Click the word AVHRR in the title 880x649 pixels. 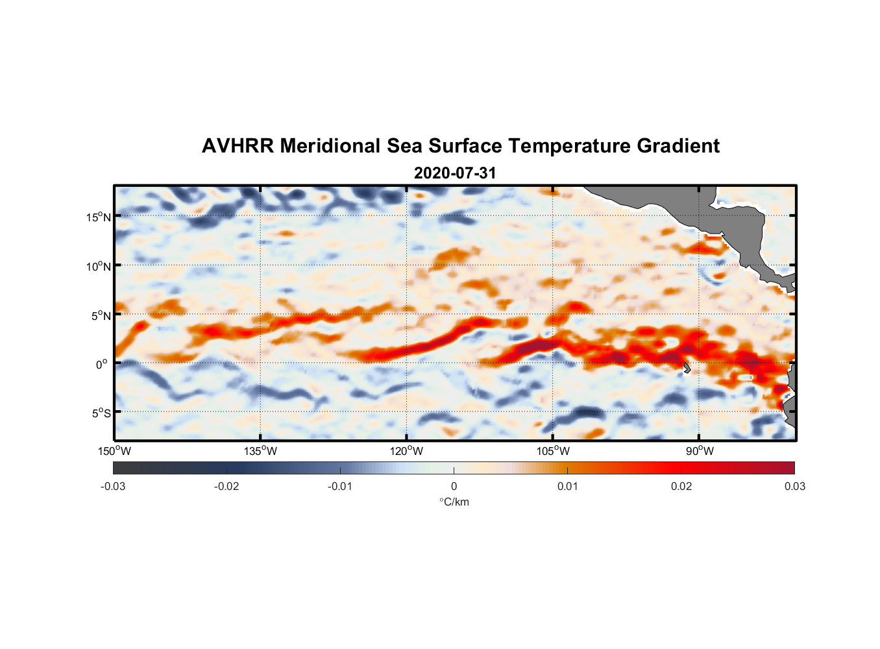click(x=238, y=146)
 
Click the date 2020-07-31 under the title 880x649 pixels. click(x=455, y=173)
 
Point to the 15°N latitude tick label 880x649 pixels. click(x=99, y=217)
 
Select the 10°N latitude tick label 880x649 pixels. click(x=99, y=266)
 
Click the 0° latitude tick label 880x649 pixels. click(x=102, y=364)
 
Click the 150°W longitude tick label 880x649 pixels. click(x=114, y=451)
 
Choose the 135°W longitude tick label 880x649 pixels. click(x=260, y=451)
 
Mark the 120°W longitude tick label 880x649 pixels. click(x=406, y=451)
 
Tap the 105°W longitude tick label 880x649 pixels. click(x=553, y=451)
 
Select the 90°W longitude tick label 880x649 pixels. click(x=700, y=451)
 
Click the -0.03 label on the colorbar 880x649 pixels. click(x=113, y=486)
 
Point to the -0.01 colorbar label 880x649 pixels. click(x=340, y=486)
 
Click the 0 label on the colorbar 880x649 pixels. click(x=454, y=486)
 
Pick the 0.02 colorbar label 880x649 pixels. click(x=681, y=486)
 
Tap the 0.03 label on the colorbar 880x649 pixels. click(x=794, y=486)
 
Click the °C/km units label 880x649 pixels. click(x=454, y=502)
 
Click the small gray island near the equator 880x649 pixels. click(x=687, y=368)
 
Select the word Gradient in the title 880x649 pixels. click(x=678, y=146)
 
